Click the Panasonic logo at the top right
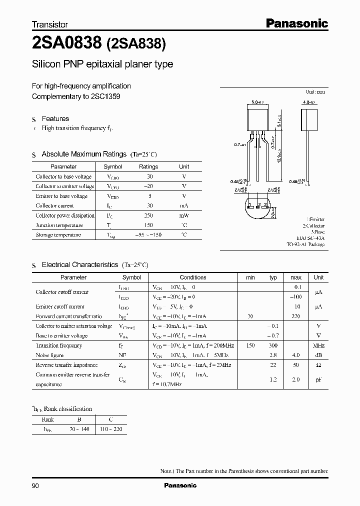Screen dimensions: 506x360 pos(296,23)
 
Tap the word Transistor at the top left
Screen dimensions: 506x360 pos(50,24)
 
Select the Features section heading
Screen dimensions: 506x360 pos(55,118)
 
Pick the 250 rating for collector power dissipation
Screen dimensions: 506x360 pos(148,215)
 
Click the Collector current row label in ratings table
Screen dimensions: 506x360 pos(54,205)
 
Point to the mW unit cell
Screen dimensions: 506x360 pos(184,215)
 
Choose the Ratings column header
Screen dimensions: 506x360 pos(148,166)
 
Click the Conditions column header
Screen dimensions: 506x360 pos(193,277)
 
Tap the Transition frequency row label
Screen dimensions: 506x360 pos(59,345)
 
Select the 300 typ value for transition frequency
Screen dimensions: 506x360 pos(273,345)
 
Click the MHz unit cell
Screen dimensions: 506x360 pos(318,345)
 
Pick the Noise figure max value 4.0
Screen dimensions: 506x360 pos(296,355)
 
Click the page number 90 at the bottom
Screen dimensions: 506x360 pos(35,485)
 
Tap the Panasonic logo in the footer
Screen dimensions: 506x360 pos(180,485)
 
